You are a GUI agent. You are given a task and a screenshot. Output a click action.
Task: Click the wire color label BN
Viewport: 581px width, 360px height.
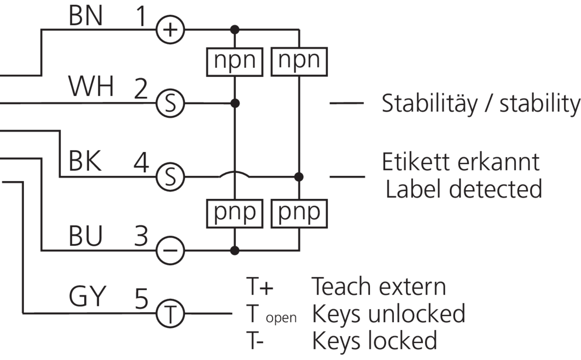click(86, 17)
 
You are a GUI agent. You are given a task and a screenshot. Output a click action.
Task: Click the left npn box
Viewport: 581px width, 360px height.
click(235, 61)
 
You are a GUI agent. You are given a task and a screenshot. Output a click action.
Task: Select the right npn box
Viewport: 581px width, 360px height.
click(299, 61)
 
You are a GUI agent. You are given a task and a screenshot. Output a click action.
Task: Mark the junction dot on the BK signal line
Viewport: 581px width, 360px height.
click(299, 177)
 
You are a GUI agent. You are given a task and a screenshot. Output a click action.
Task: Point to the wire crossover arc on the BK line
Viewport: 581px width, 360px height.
click(235, 174)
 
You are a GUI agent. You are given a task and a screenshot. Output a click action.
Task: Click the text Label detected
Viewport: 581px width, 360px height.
click(463, 189)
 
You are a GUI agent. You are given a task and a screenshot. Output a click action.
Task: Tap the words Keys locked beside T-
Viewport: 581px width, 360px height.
click(375, 340)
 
